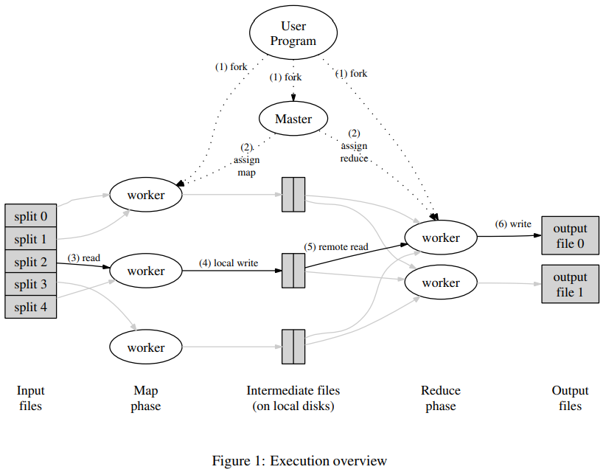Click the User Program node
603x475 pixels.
[x=293, y=34]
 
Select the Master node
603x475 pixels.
[x=293, y=119]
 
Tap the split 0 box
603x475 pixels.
[x=30, y=217]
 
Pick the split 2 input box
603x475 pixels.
[x=30, y=262]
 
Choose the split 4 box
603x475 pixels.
[x=30, y=307]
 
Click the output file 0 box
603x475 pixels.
[x=570, y=235]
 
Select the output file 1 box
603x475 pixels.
[x=570, y=285]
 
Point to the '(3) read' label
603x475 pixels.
[x=83, y=258]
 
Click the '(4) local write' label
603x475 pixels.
[x=228, y=263]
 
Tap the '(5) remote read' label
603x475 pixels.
[x=336, y=247]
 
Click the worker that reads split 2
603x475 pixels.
[x=146, y=271]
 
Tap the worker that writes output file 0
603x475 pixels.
[x=441, y=237]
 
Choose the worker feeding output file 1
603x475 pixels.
[x=441, y=282]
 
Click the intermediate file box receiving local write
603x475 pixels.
[x=293, y=271]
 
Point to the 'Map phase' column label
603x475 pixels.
[x=146, y=398]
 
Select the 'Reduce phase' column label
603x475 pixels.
[x=441, y=398]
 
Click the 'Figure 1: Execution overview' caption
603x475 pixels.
[x=299, y=461]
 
